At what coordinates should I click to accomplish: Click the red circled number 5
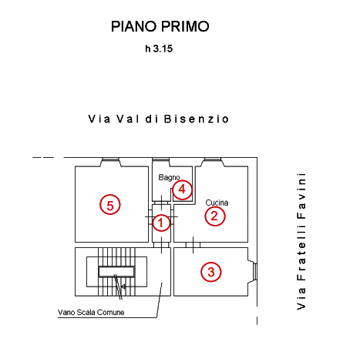[110, 205]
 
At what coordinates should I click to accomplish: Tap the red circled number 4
[182, 189]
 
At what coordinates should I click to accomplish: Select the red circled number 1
[161, 223]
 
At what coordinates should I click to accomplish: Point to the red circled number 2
[215, 216]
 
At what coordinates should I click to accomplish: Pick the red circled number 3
[211, 272]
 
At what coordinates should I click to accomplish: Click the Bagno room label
[169, 177]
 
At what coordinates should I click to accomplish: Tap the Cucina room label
[217, 203]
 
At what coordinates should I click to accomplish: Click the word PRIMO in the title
[185, 26]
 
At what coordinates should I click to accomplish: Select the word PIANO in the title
[133, 26]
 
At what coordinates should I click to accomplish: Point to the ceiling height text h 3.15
[159, 49]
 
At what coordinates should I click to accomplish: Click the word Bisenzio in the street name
[197, 119]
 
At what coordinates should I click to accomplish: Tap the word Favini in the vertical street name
[301, 196]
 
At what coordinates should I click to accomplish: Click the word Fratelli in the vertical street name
[301, 253]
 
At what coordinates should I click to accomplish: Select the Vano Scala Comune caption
[91, 312]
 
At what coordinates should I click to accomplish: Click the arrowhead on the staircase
[123, 286]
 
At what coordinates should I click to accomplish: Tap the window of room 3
[254, 272]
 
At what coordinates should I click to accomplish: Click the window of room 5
[110, 159]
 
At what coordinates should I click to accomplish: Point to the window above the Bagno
[160, 159]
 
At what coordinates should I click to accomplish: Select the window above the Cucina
[213, 159]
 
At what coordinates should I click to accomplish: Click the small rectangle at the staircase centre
[116, 272]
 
